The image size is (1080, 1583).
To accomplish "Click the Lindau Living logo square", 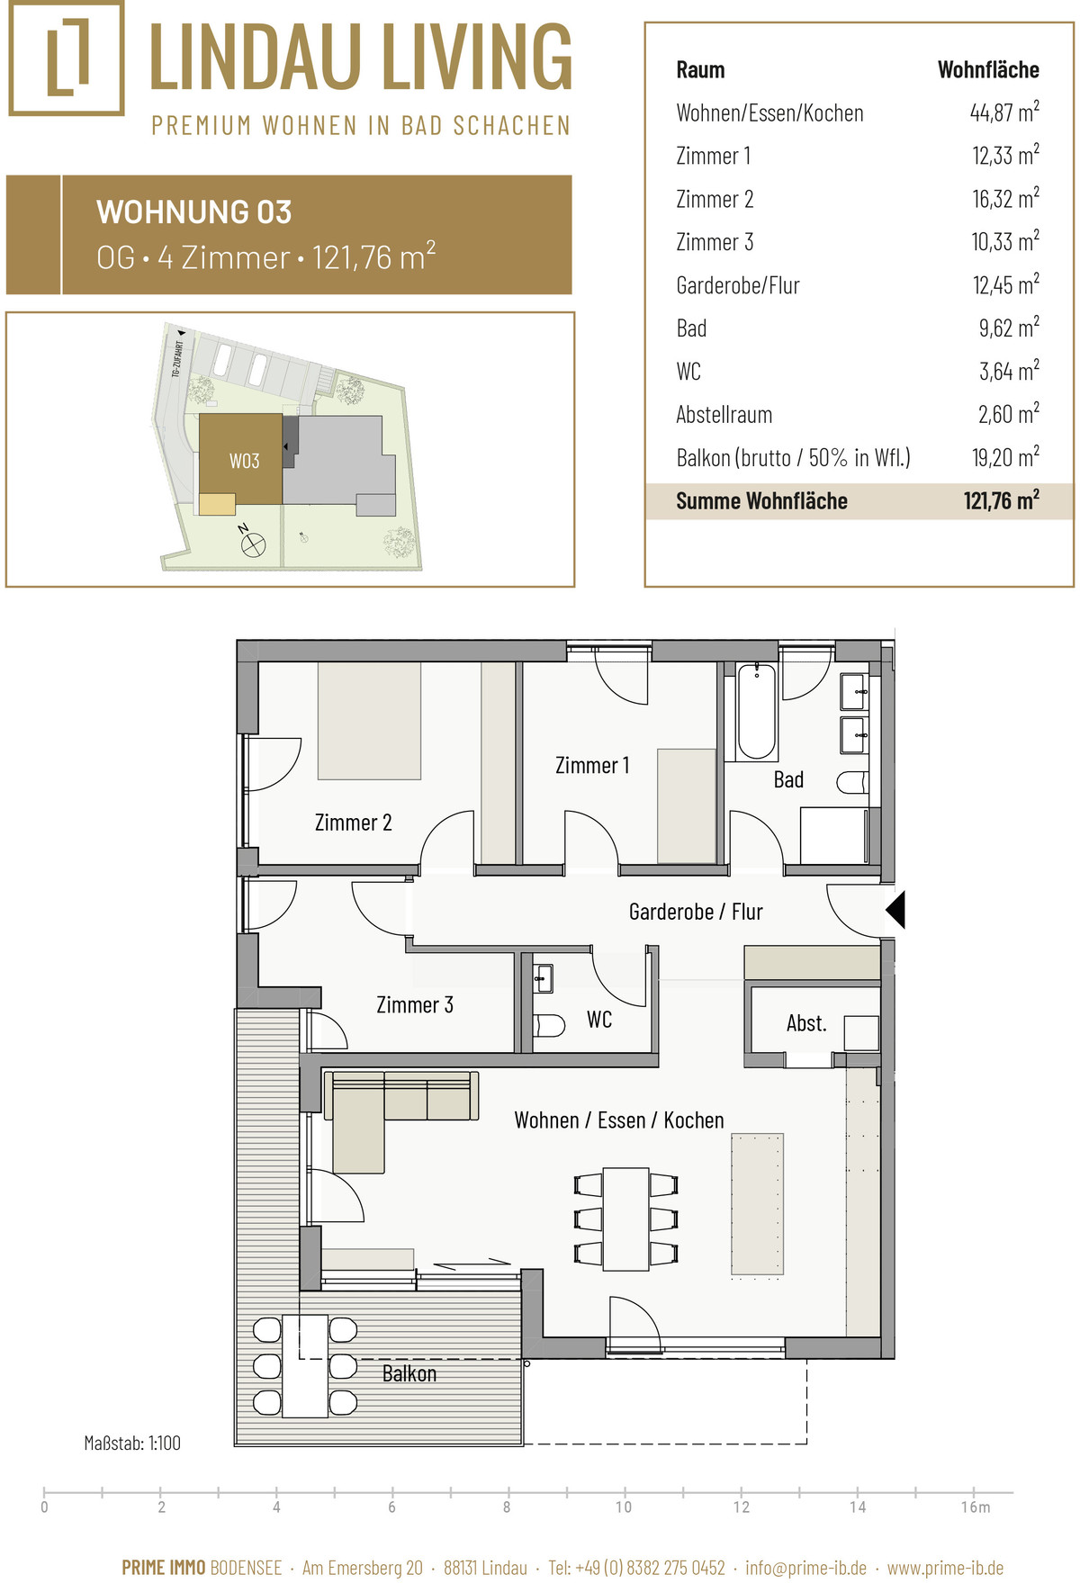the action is click(67, 58).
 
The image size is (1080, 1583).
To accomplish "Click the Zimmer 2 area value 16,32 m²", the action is click(1005, 198).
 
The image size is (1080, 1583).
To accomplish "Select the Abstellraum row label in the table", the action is click(724, 415).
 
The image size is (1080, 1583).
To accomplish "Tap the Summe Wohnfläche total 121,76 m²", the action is click(1001, 500).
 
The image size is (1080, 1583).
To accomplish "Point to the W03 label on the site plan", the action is click(244, 461).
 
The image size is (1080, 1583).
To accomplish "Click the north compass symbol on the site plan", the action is click(252, 542).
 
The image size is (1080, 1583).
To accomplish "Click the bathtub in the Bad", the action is click(757, 712).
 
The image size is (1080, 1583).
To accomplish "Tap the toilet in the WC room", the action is click(549, 1025).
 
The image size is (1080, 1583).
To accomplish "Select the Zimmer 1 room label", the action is click(592, 765).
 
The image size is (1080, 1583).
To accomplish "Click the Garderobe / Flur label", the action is click(696, 912).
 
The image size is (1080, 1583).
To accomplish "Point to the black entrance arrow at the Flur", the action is click(895, 909).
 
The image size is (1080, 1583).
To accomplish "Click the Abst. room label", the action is click(806, 1023).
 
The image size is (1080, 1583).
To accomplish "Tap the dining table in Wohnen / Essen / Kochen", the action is click(625, 1219).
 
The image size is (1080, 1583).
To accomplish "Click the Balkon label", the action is click(409, 1373).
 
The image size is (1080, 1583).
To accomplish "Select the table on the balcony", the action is click(305, 1366).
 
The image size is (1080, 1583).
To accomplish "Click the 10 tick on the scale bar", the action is click(624, 1507).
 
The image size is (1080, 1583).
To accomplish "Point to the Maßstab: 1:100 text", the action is click(132, 1443).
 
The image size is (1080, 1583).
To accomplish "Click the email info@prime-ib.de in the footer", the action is click(806, 1568).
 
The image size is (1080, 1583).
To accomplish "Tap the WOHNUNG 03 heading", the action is click(194, 212).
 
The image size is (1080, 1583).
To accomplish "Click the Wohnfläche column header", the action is click(988, 69).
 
